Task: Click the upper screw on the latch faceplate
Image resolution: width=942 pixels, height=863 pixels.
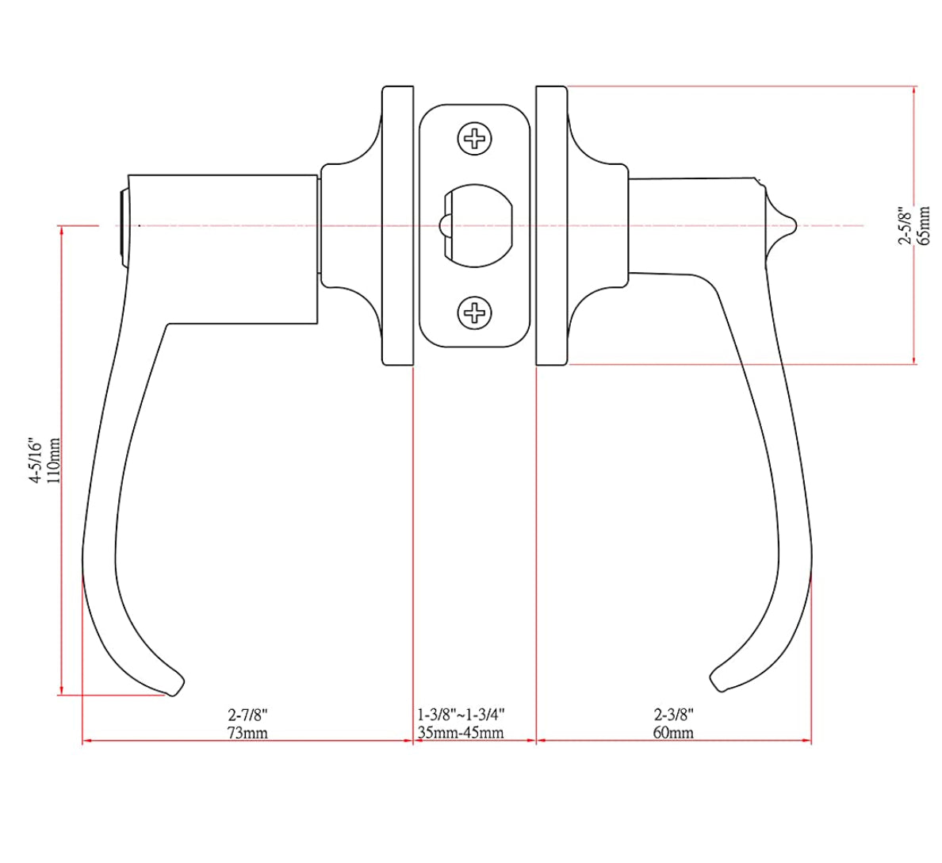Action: click(x=475, y=140)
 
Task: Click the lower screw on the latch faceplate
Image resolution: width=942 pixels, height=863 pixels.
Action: click(x=475, y=313)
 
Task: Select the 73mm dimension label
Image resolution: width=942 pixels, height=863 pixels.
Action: click(x=247, y=732)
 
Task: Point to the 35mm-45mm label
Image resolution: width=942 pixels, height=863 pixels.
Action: click(x=461, y=732)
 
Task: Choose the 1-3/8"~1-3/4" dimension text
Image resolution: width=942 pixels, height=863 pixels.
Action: click(x=461, y=714)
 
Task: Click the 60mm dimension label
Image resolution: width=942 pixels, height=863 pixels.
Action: click(x=673, y=732)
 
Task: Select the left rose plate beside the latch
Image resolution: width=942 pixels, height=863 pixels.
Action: click(x=398, y=226)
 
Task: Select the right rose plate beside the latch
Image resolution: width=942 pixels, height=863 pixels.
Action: click(x=551, y=226)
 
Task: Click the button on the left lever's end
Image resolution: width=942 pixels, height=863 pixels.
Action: click(x=121, y=226)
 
